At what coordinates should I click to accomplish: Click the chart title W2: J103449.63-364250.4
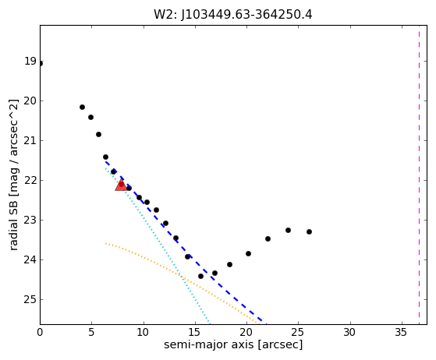point(233,14)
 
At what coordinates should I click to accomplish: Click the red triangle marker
point(121,185)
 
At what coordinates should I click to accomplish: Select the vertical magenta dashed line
point(419,175)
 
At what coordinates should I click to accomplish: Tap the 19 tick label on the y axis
point(30,61)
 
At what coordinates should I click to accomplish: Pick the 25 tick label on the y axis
point(30,299)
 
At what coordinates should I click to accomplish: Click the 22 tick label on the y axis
point(30,180)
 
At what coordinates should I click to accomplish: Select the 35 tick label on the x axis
point(401,332)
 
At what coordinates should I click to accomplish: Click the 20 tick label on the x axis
point(246,332)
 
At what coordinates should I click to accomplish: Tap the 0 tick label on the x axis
point(40,332)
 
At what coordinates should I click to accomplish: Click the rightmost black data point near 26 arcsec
point(309,231)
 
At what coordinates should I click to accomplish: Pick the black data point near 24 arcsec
point(288,231)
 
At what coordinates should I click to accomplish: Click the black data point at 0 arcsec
point(41,64)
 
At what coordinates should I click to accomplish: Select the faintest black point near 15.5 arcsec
point(200,276)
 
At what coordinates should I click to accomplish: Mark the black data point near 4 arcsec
point(82,108)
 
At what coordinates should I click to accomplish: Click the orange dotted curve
point(181,277)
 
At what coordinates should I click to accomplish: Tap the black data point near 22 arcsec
point(268,239)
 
